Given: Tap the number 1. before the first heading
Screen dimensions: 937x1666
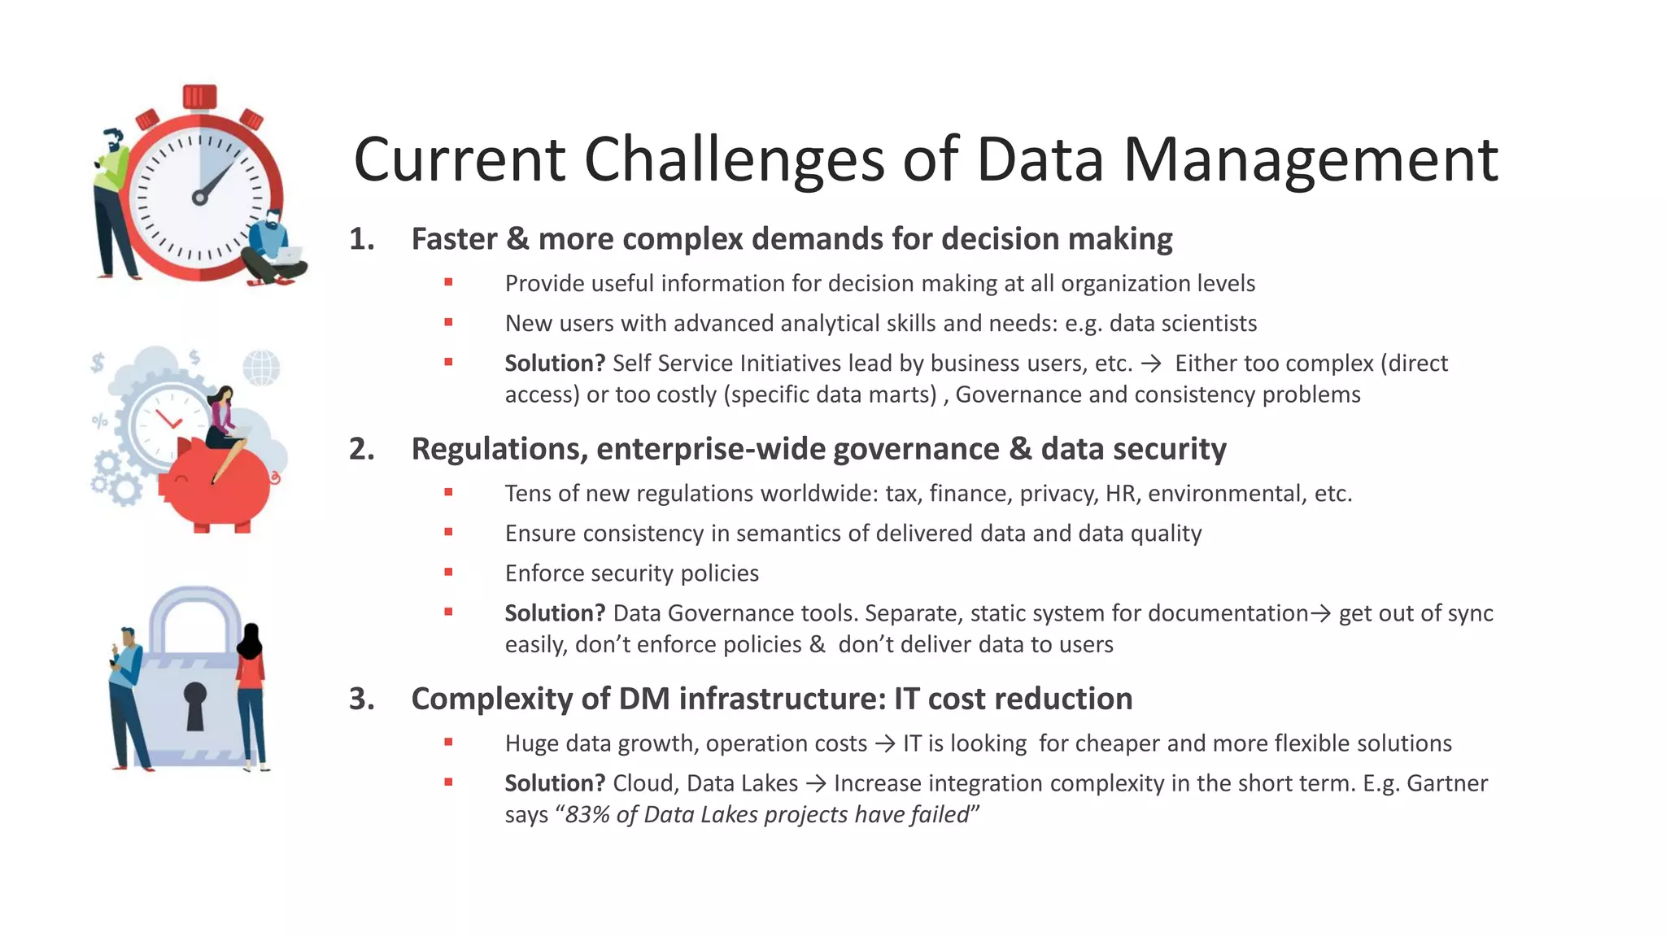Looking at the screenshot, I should tap(362, 239).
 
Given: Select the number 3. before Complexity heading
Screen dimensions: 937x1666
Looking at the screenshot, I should tap(362, 699).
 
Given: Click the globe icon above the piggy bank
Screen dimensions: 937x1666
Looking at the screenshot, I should tap(261, 368).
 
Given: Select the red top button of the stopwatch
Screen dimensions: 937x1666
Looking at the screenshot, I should tap(199, 96).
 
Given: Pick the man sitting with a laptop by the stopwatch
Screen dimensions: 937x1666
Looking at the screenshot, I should tap(274, 248).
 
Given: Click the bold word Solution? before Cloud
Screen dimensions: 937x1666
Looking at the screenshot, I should tap(555, 783).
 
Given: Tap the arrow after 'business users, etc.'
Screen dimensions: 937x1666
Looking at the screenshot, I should tap(1152, 364).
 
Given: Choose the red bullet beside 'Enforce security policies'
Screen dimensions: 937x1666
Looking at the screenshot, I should tap(448, 572).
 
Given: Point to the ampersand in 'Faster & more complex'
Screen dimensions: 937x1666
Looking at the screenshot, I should tap(517, 239).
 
